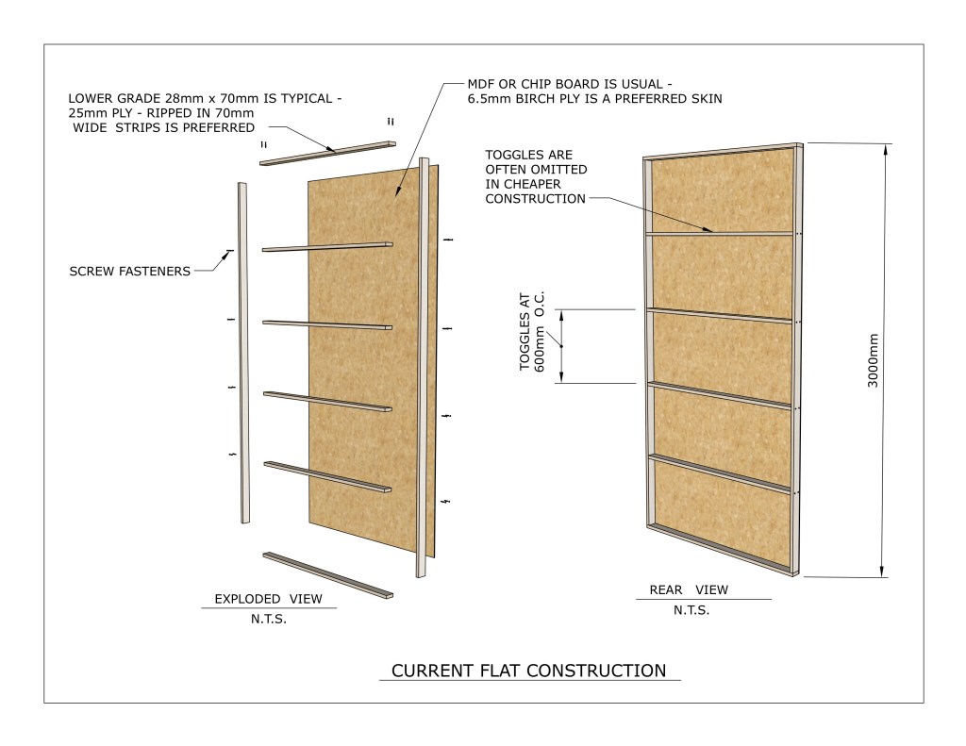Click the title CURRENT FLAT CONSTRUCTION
click(528, 671)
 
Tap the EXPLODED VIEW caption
click(268, 599)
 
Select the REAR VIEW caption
click(688, 589)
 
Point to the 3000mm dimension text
click(873, 360)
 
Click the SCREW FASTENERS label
click(129, 271)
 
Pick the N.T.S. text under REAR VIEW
click(691, 610)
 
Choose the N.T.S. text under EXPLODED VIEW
click(269, 619)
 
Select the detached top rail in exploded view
click(327, 154)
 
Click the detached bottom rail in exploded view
click(327, 575)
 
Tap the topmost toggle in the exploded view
click(327, 247)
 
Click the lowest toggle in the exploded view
click(327, 477)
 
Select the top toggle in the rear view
click(720, 234)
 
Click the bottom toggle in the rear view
click(720, 473)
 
